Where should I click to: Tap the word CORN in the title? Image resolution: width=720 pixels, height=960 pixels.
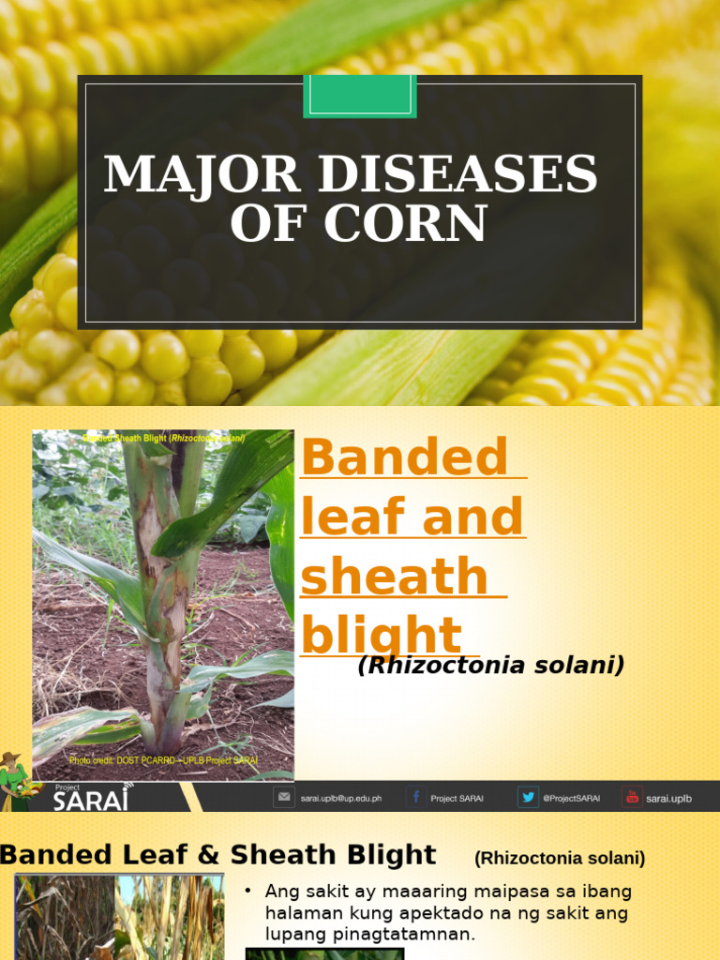[409, 225]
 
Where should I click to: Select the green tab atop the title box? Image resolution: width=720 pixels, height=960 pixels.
[360, 96]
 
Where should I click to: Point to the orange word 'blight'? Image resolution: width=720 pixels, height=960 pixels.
[382, 635]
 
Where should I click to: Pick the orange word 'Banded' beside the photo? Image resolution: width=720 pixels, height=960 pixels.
[404, 457]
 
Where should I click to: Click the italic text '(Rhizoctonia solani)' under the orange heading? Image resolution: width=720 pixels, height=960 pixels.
[490, 666]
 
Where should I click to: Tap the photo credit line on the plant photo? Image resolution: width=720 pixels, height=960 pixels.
[163, 760]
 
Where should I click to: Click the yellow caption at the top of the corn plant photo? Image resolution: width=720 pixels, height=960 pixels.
[163, 438]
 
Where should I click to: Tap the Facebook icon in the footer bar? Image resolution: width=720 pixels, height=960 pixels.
[415, 797]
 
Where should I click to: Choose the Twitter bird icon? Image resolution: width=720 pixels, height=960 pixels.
[529, 797]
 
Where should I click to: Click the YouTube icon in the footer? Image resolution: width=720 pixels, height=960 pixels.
[632, 797]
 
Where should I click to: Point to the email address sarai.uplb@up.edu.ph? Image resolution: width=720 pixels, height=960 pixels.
[340, 799]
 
